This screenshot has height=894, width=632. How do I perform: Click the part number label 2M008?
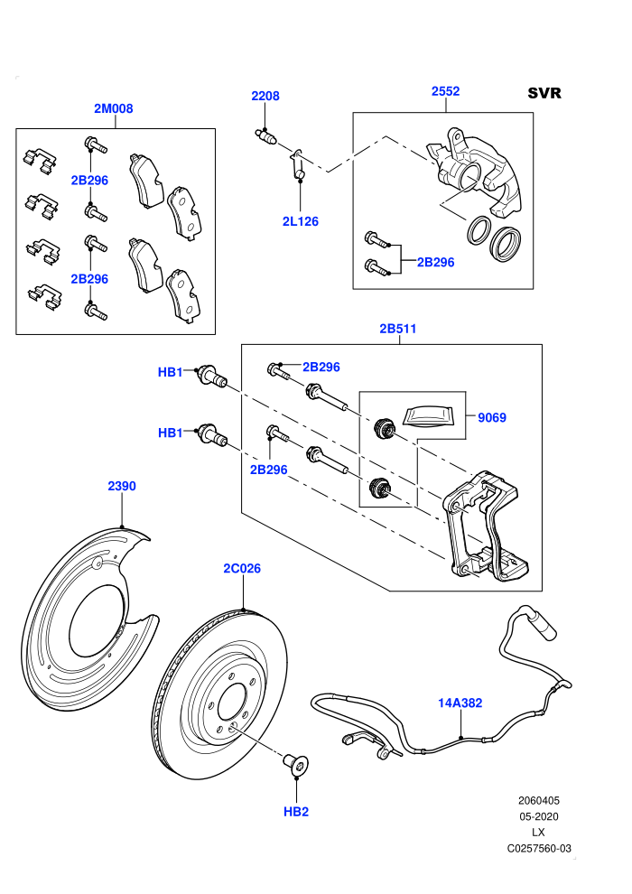(114, 108)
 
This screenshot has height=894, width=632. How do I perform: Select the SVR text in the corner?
(544, 93)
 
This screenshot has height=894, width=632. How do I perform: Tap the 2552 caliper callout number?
(446, 91)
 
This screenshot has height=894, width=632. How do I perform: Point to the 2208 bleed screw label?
(265, 96)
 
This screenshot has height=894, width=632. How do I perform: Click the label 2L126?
(301, 221)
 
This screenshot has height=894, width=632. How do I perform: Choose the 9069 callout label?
(492, 417)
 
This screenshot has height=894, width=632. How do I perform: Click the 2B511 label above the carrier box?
(398, 329)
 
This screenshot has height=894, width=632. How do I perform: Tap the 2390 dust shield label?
(122, 486)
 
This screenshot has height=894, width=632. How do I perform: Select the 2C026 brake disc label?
(242, 568)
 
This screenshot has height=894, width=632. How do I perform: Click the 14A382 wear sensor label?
(460, 703)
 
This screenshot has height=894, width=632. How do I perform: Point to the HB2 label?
(296, 811)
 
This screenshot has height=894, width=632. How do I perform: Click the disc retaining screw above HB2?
(296, 763)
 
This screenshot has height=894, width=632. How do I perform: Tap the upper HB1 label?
(170, 372)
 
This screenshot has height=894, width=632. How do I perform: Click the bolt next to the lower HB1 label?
(212, 436)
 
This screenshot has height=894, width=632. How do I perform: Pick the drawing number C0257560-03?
(539, 848)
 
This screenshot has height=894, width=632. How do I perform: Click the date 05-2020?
(538, 816)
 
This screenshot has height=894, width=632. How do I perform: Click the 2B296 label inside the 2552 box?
(435, 262)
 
